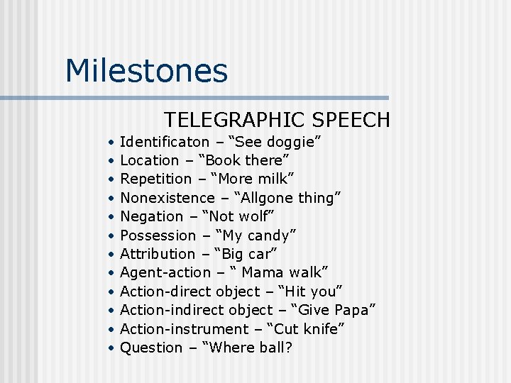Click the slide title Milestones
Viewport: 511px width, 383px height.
[146, 72]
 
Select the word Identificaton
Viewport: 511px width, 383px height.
[165, 142]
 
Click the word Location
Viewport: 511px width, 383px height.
[150, 160]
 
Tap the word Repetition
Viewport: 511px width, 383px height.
[156, 179]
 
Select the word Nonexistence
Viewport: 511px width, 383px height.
[167, 198]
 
